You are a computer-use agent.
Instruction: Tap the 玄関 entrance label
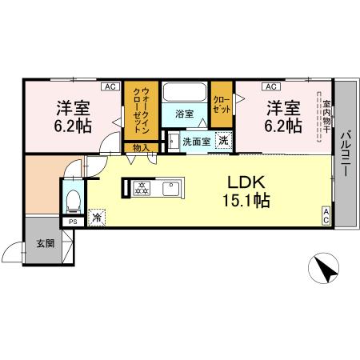pyautogui.click(x=45, y=243)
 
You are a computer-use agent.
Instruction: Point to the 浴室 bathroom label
pyautogui.click(x=184, y=114)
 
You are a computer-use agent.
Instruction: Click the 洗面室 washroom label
pyautogui.click(x=195, y=142)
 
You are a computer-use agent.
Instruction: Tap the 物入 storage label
pyautogui.click(x=140, y=147)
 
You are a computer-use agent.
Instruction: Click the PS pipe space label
pyautogui.click(x=73, y=222)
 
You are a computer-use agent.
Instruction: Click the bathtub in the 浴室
pyautogui.click(x=185, y=94)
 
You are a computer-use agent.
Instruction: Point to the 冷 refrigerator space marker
pyautogui.click(x=97, y=216)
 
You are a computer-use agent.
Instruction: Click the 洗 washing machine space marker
pyautogui.click(x=224, y=141)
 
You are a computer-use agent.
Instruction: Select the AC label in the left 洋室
pyautogui.click(x=110, y=86)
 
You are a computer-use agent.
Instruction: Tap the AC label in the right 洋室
pyautogui.click(x=270, y=86)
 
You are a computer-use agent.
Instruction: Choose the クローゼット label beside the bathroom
pyautogui.click(x=221, y=104)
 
